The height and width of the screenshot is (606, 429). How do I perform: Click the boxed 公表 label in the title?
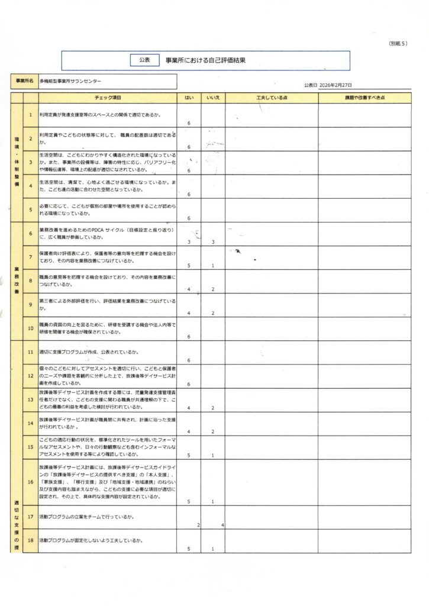pyautogui.click(x=145, y=60)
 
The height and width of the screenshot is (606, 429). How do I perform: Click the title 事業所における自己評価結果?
pyautogui.click(x=205, y=60)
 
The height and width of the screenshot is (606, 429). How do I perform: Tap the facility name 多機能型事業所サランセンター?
pyautogui.click(x=70, y=80)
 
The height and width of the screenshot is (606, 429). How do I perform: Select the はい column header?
pyautogui.click(x=189, y=96)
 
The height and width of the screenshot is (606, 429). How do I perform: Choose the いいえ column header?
pyautogui.click(x=212, y=96)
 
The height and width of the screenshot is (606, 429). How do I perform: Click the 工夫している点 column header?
pyautogui.click(x=271, y=96)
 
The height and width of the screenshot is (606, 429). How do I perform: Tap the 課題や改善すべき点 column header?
pyautogui.click(x=365, y=96)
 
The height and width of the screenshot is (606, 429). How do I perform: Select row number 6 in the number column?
pyautogui.click(x=30, y=234)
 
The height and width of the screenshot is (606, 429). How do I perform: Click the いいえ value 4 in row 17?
pyautogui.click(x=221, y=526)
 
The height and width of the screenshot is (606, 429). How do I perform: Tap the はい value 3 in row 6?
pyautogui.click(x=189, y=243)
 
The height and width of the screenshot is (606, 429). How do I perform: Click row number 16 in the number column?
pyautogui.click(x=30, y=482)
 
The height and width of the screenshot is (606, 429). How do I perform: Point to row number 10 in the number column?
pyautogui.click(x=30, y=328)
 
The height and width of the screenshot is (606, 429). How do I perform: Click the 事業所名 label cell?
pyautogui.click(x=24, y=80)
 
